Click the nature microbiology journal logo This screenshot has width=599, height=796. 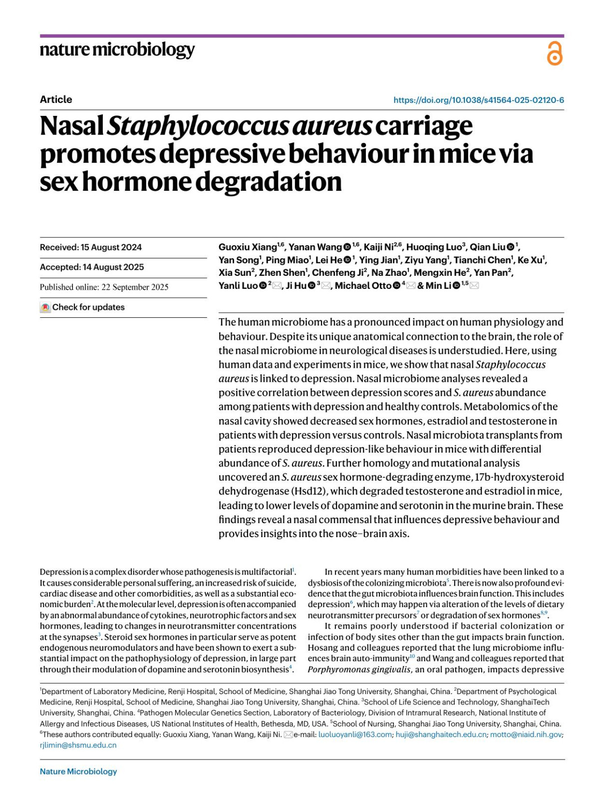tap(117, 50)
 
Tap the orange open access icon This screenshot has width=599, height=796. tap(555, 53)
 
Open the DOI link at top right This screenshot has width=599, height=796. tap(478, 100)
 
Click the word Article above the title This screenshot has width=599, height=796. tap(56, 99)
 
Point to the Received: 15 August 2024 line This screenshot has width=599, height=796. tap(91, 247)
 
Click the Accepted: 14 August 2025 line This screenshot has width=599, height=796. tap(92, 267)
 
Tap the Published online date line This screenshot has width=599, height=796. tap(104, 287)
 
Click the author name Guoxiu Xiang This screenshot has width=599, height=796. tap(248, 247)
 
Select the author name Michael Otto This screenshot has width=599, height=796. tap(363, 286)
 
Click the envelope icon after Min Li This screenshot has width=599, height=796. tap(474, 285)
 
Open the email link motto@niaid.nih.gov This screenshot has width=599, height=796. tap(526, 735)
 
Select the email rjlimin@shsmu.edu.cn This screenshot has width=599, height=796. tap(78, 745)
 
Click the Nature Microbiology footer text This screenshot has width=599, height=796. tap(78, 772)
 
